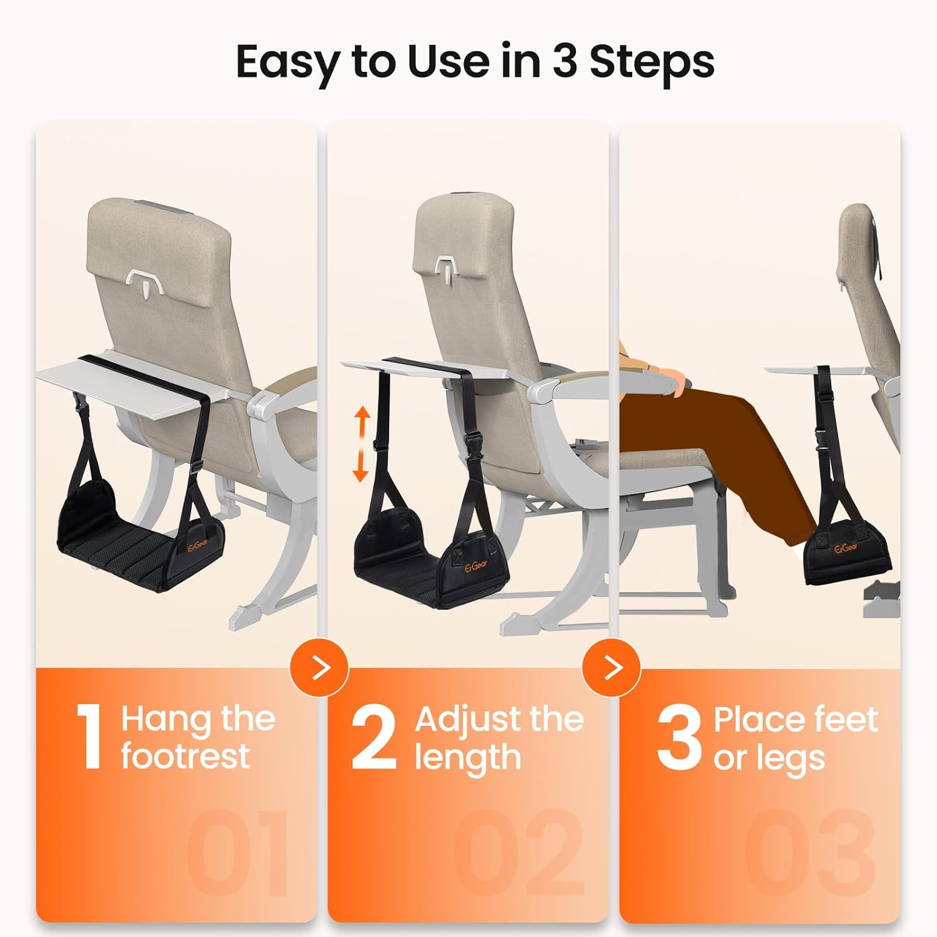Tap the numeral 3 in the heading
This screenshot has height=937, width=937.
pos(565,61)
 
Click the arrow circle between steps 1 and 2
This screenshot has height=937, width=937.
pos(320,668)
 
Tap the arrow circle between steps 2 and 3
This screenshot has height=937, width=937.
pos(612,668)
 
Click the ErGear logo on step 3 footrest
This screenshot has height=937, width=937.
pos(846,548)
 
